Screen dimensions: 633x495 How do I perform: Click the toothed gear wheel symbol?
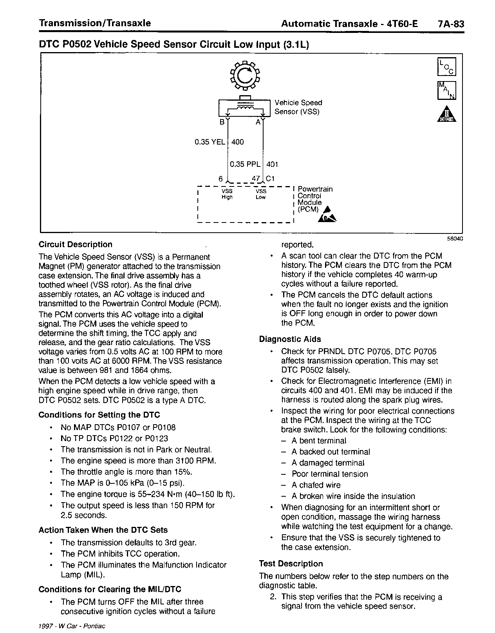coord(245,75)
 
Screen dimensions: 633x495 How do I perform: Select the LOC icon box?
coord(446,67)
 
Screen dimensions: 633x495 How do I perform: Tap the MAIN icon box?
coord(446,90)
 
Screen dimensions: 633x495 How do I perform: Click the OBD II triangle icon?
coord(446,114)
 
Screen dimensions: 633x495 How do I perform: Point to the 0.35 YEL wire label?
coord(210,142)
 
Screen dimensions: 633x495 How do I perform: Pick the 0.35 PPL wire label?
coord(245,165)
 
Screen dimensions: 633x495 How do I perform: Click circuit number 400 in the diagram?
coord(238,142)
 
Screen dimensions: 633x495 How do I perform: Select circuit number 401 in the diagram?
coord(272,165)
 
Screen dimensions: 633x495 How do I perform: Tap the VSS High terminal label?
coord(227,194)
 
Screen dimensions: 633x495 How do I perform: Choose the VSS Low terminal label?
coord(261,194)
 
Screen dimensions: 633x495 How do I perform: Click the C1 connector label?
coord(270,179)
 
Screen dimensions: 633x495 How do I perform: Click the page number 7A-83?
coord(451,24)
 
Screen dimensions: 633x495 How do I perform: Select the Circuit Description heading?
coord(76,244)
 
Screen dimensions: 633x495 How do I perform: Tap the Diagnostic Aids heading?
coord(290,339)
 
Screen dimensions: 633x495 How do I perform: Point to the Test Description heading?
coord(291,564)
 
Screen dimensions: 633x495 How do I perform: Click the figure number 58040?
coord(455,238)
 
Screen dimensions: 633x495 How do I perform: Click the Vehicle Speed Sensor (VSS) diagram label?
coord(298,107)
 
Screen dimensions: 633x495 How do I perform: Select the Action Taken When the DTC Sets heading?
coord(103,530)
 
